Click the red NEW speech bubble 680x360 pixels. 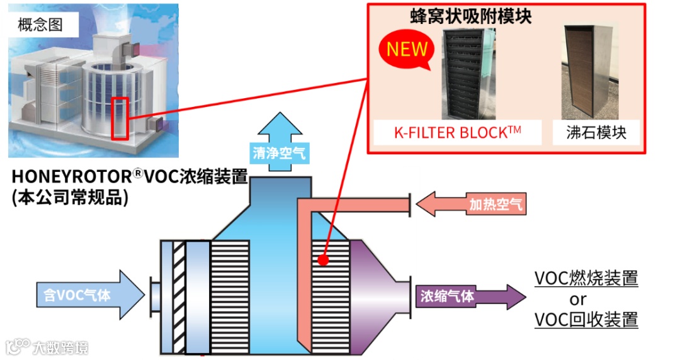(407, 50)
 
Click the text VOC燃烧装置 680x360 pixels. (586, 278)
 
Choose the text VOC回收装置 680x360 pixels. (586, 319)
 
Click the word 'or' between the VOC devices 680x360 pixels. (577, 299)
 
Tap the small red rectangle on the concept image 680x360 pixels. (120, 118)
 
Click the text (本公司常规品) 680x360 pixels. (70, 197)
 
